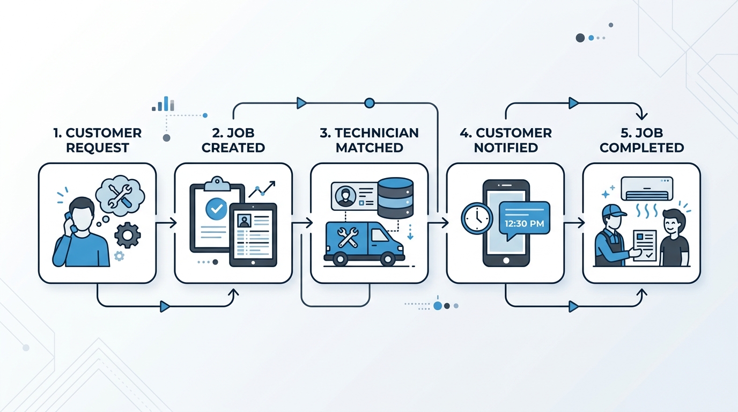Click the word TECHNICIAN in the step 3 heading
(x=377, y=133)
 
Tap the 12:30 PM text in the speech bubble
(x=524, y=224)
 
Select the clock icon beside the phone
(x=477, y=218)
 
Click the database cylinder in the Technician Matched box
(x=395, y=198)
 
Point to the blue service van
(x=364, y=243)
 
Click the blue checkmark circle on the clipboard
(x=216, y=209)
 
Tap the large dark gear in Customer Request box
(x=128, y=235)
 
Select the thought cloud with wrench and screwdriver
(x=120, y=195)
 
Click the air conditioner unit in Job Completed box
(x=647, y=188)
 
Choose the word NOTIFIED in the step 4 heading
(x=506, y=148)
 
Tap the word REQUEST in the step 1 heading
(x=98, y=148)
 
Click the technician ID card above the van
(x=355, y=196)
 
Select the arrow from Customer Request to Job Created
(x=166, y=223)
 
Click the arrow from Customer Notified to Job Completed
(x=574, y=223)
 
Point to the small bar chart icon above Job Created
(x=163, y=104)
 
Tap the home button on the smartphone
(x=506, y=260)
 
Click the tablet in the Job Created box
(x=253, y=234)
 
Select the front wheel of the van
(x=388, y=259)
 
